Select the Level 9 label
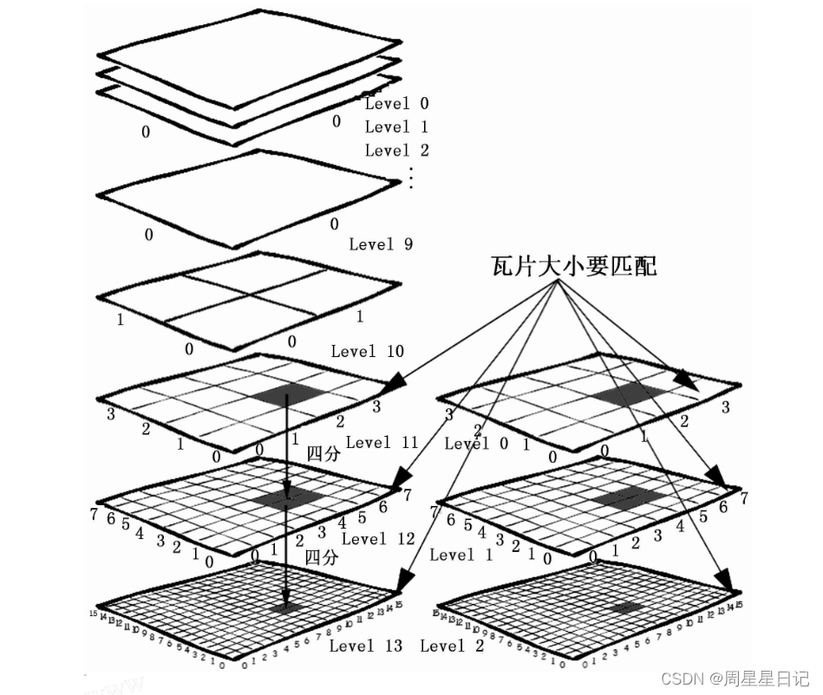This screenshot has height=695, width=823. tap(381, 244)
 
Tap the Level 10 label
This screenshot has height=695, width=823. tap(367, 351)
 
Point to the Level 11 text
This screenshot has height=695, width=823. tap(382, 443)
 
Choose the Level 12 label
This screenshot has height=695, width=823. tap(378, 539)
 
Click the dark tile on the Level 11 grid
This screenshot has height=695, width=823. tap(290, 394)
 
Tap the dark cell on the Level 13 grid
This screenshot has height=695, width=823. tap(286, 608)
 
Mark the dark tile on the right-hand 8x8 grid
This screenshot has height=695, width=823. tap(628, 497)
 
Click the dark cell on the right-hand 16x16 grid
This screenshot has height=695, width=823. tap(625, 607)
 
